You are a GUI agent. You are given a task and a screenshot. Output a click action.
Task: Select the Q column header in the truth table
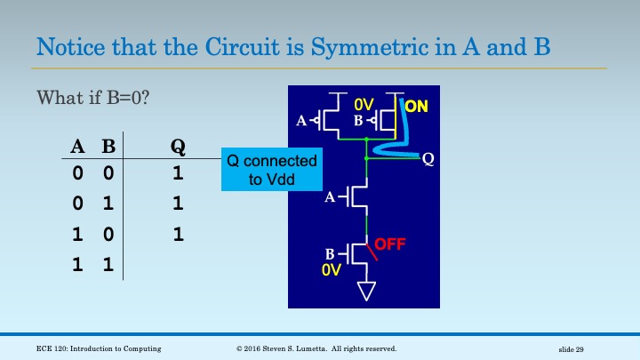(177, 148)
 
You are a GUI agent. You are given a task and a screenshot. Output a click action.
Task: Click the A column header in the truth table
(77, 148)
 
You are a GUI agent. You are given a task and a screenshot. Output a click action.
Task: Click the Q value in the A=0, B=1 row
(177, 204)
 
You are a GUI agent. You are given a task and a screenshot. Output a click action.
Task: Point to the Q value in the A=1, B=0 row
(177, 235)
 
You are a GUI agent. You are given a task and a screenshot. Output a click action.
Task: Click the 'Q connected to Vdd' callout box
(271, 169)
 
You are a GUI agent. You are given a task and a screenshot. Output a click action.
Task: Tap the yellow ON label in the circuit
(416, 107)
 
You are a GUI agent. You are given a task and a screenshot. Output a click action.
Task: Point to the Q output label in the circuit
(428, 159)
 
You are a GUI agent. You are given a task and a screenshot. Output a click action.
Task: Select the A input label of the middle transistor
(331, 198)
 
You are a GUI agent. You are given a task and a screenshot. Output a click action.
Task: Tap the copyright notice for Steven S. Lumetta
(316, 348)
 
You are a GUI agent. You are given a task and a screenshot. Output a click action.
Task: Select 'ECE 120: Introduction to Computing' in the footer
(92, 348)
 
